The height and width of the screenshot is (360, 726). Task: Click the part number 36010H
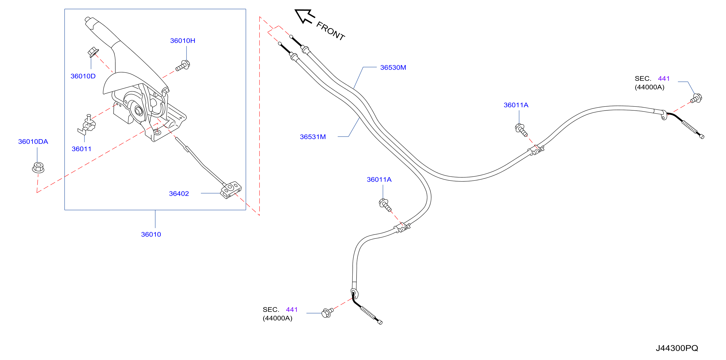click(x=183, y=41)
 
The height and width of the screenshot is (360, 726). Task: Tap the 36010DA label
click(x=33, y=141)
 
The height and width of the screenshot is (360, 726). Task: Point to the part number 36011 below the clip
click(x=82, y=149)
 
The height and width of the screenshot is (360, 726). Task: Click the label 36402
click(x=179, y=194)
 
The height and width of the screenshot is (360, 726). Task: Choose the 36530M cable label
click(x=393, y=67)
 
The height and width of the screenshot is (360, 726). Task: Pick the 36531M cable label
click(x=313, y=137)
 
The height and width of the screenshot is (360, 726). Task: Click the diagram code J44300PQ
click(x=677, y=348)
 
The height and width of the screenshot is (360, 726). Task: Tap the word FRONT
click(x=331, y=31)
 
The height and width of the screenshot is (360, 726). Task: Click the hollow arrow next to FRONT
click(x=304, y=16)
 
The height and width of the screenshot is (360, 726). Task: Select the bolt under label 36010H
click(x=183, y=66)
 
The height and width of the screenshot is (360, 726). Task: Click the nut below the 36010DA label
click(x=38, y=167)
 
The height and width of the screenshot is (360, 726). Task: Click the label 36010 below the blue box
click(x=151, y=234)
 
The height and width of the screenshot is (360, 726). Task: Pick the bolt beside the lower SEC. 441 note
click(x=327, y=312)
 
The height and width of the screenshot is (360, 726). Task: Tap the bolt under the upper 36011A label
click(x=521, y=130)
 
